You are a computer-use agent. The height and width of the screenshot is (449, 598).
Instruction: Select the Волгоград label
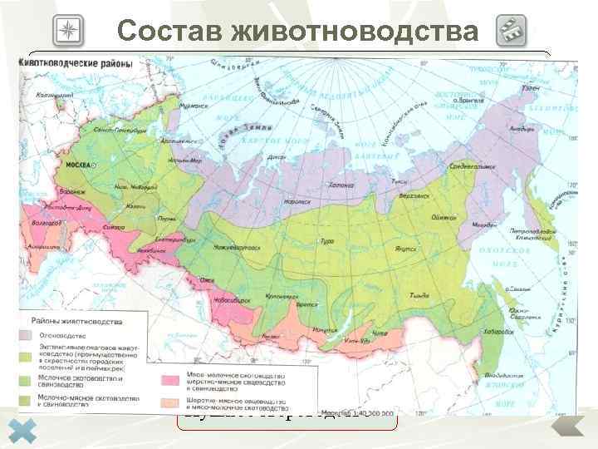pyautogui.click(x=37, y=222)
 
